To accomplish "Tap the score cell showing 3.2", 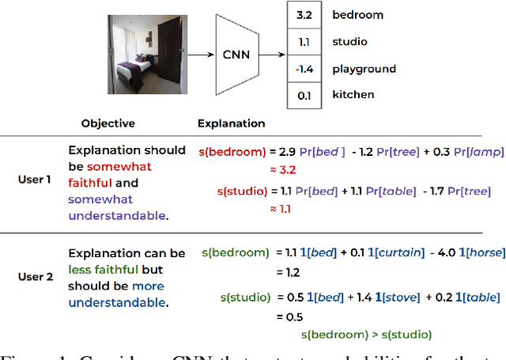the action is click(x=305, y=14).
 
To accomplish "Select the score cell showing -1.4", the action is click(x=305, y=68).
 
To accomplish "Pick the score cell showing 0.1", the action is click(x=305, y=95).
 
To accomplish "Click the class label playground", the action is click(x=364, y=68).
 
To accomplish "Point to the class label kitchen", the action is click(x=353, y=95).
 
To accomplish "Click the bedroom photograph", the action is click(x=147, y=53).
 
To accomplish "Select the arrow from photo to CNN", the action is click(x=202, y=55).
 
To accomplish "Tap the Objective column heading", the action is click(x=108, y=123).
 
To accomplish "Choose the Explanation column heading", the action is click(x=231, y=123).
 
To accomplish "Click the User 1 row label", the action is click(x=35, y=180).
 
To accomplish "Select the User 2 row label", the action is click(x=35, y=277).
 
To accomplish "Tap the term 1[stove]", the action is click(x=395, y=297).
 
